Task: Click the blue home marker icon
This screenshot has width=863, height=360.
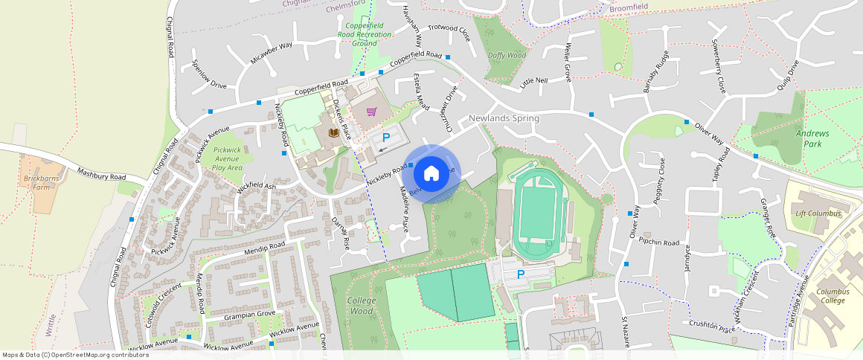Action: point(431,174)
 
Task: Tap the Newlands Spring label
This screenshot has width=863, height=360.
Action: point(504,118)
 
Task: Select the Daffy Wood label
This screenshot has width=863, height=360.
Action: point(507,56)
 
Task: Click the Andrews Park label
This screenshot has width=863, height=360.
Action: point(806,138)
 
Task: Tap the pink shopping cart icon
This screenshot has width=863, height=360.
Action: point(371,112)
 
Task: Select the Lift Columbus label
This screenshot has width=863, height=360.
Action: point(818,213)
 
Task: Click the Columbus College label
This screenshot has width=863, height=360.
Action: point(831,296)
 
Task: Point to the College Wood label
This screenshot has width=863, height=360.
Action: point(362,306)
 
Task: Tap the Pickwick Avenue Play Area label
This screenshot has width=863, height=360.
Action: point(228,158)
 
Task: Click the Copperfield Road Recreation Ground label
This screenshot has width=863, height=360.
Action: point(365,34)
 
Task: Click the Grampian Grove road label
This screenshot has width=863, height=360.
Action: point(249,315)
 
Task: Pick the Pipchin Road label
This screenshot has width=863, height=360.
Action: point(659,242)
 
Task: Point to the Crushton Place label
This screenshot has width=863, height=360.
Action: point(712,325)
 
